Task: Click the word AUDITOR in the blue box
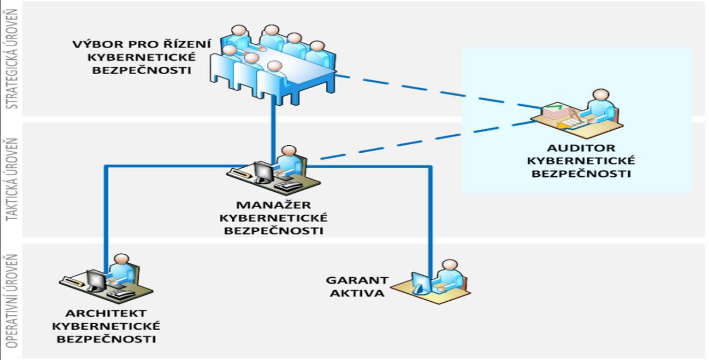(581, 148)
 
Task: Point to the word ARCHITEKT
(106, 314)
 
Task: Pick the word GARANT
(357, 280)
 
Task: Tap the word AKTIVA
(357, 293)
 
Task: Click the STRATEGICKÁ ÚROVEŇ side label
(12, 59)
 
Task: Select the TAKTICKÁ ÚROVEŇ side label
(12, 179)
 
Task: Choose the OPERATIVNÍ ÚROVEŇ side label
(12, 301)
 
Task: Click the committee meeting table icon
(272, 65)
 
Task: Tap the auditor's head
(601, 95)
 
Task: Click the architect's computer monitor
(97, 280)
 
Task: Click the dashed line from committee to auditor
(439, 92)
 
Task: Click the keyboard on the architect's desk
(120, 294)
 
